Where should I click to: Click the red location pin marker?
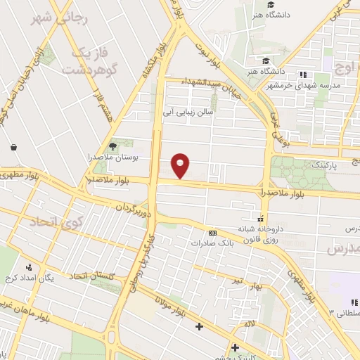181,166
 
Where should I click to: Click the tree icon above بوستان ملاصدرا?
111,146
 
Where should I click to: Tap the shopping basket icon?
14,148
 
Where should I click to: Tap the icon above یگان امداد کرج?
29,267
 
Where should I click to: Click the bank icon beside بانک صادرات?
212,233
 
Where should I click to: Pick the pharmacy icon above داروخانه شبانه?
261,218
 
